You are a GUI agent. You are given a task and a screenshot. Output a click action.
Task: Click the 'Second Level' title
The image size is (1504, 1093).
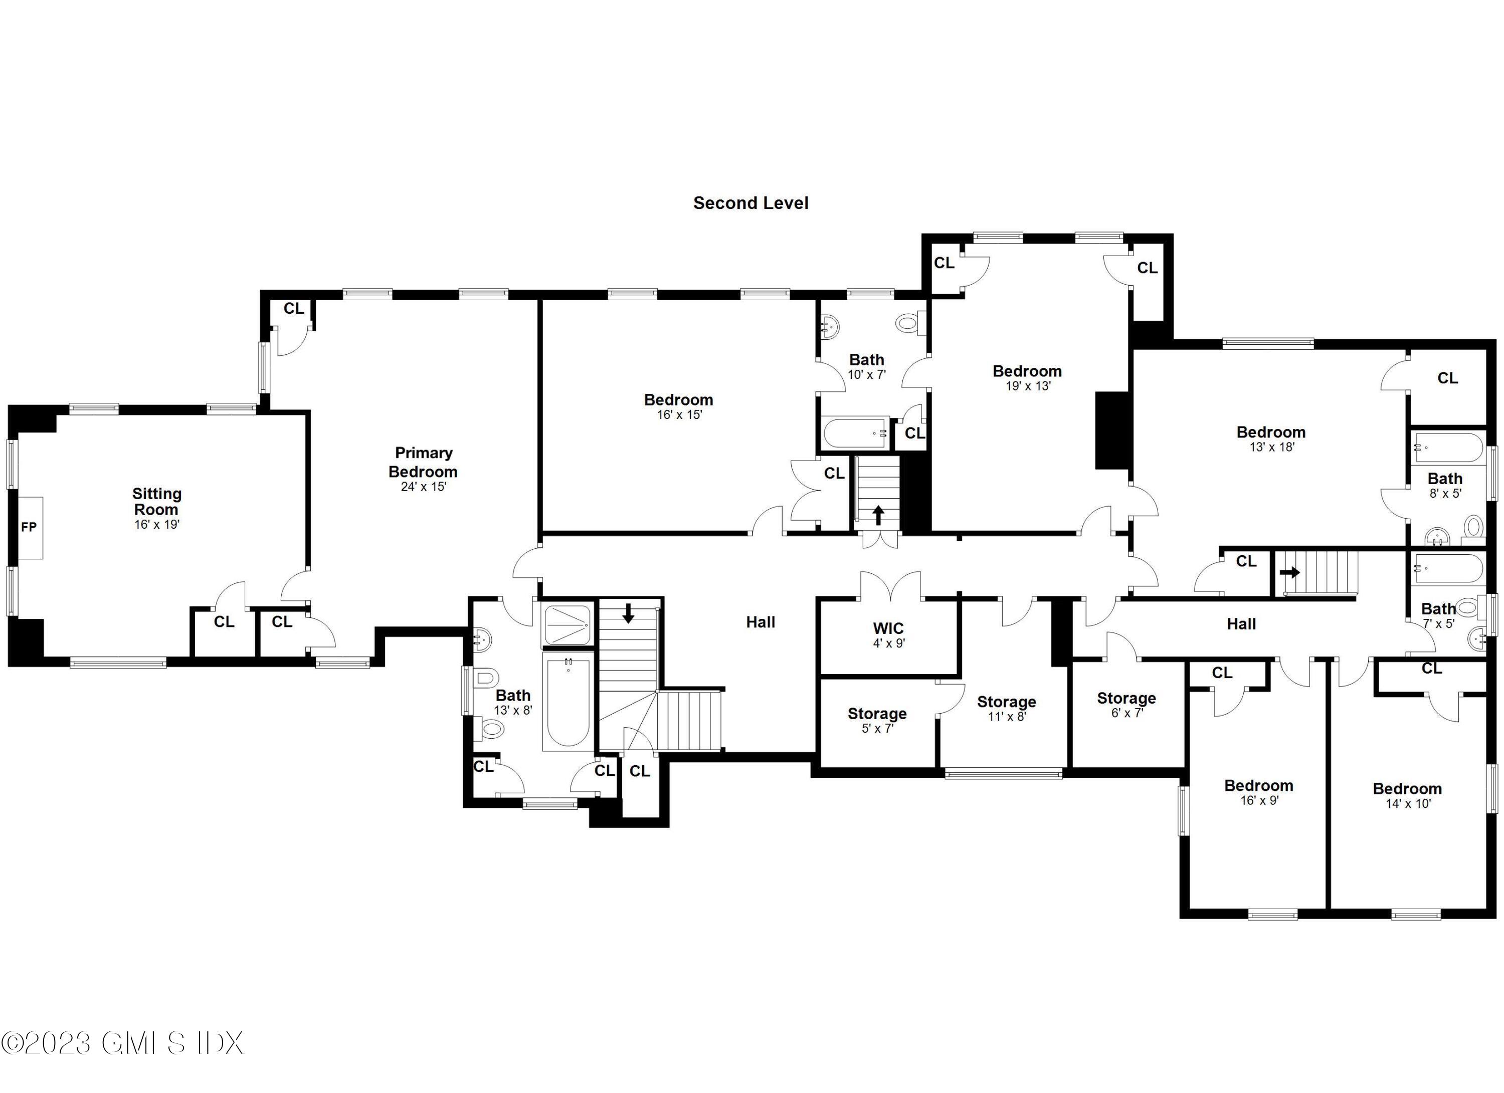(750, 203)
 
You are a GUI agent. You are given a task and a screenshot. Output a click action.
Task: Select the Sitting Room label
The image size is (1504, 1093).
(156, 502)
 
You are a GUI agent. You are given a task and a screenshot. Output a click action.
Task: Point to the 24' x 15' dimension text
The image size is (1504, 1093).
(423, 487)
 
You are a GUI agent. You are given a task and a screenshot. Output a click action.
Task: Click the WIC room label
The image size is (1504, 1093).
(888, 628)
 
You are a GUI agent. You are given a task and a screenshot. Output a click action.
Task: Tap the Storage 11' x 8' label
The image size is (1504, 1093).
(1006, 702)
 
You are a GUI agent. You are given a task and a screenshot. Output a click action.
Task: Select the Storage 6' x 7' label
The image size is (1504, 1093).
(1126, 698)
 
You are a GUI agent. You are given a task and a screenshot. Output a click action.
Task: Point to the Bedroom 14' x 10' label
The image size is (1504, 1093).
(1407, 789)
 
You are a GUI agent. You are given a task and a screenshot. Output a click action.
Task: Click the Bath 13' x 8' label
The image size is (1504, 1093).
(512, 695)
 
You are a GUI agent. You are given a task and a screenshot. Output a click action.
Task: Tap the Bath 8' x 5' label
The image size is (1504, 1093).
(1444, 479)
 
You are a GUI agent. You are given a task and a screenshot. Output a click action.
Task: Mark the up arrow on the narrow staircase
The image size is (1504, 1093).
(878, 514)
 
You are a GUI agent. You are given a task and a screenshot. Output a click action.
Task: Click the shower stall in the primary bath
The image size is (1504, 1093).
(567, 625)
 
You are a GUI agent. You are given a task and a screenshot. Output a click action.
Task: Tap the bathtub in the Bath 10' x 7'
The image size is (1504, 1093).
(855, 433)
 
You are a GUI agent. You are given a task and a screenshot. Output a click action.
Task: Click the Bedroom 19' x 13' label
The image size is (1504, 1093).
(1027, 371)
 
